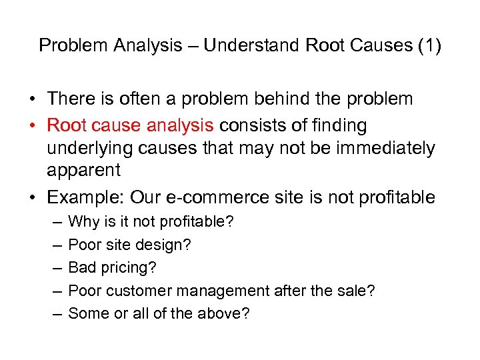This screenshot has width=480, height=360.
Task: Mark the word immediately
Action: coord(380,147)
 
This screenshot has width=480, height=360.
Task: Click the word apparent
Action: coord(83,170)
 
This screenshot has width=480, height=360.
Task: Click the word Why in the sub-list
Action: coord(83,221)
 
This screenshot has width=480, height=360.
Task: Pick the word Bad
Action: coord(82,267)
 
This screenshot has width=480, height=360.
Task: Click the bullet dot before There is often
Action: coord(32,100)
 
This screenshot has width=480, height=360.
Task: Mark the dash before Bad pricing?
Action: coord(55,267)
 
